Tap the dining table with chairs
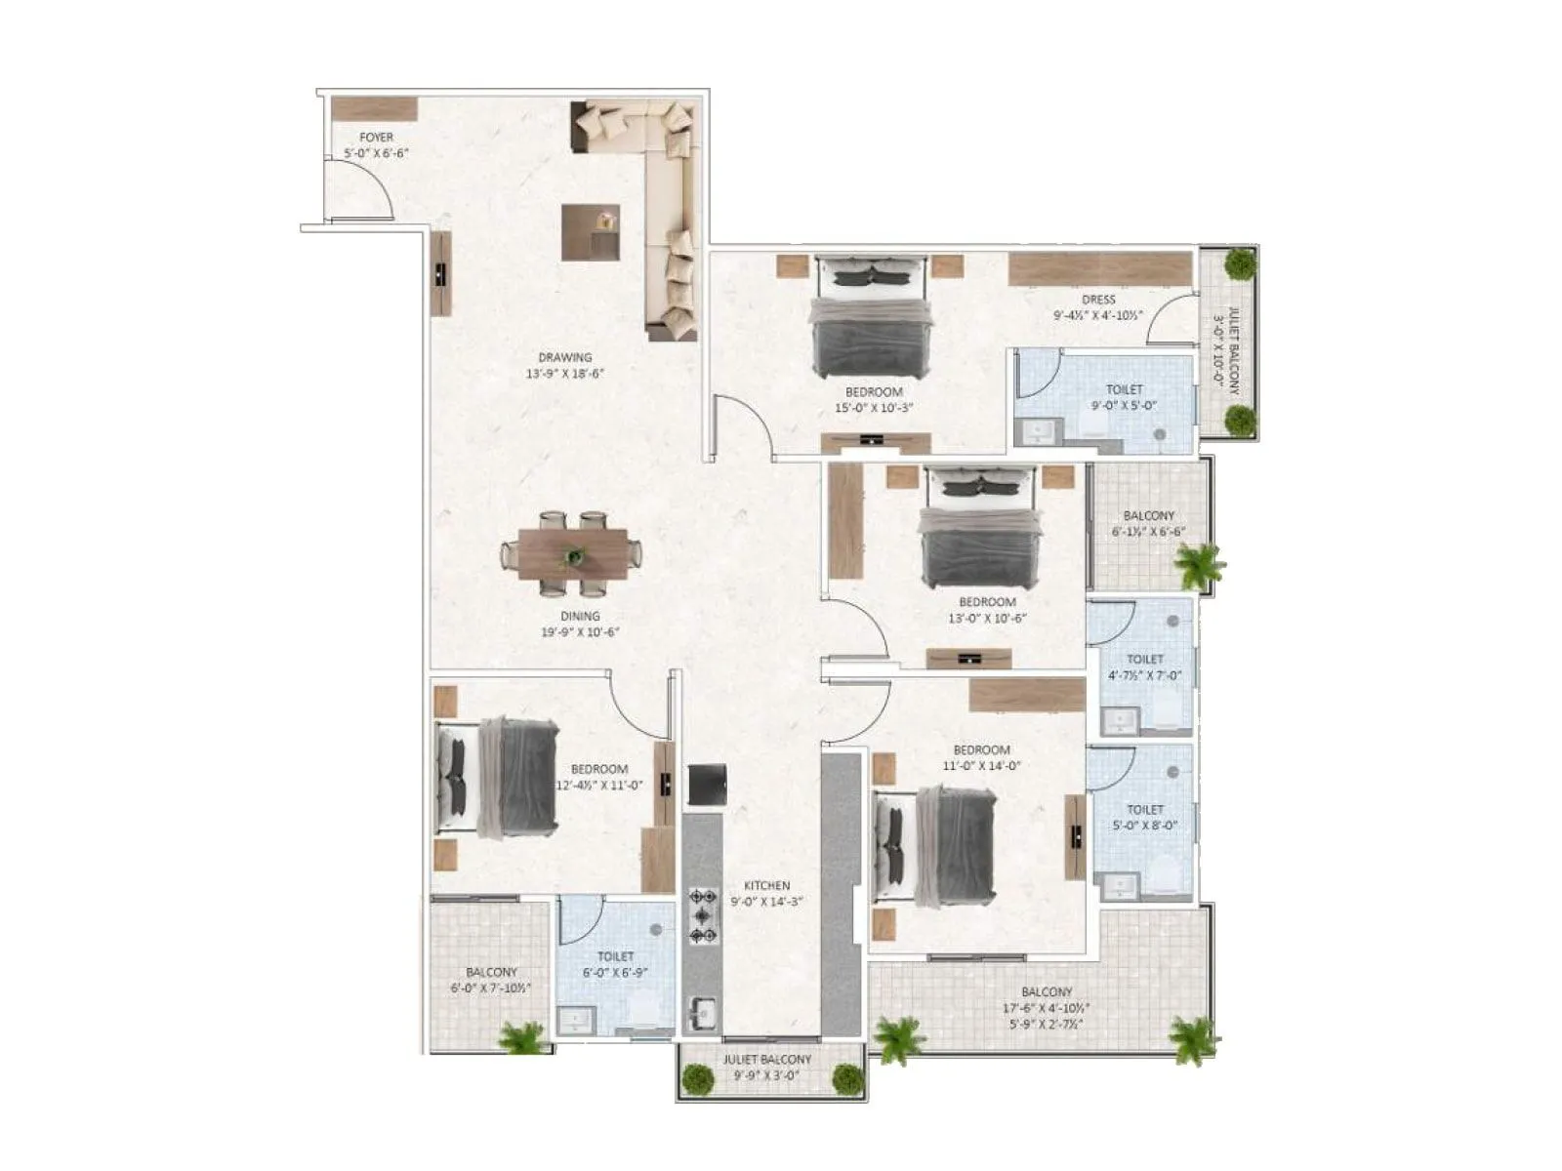pos(572,553)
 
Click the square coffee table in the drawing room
pos(591,231)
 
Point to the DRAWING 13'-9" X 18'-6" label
pos(565,365)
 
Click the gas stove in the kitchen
pos(702,915)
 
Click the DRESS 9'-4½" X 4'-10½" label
pos(1098,307)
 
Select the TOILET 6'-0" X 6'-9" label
pos(615,964)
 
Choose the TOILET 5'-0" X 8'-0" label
pos(1145,817)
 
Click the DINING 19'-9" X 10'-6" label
pos(580,624)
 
